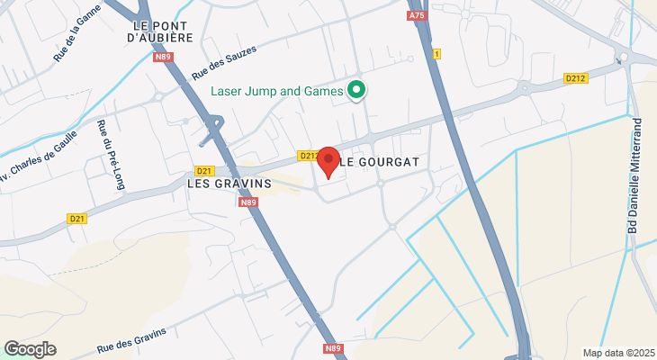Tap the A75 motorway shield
(x=416, y=16)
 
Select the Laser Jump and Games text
(x=277, y=91)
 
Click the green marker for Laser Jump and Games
(x=356, y=90)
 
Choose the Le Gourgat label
(x=379, y=162)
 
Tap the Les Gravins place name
(x=229, y=183)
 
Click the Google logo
(x=30, y=349)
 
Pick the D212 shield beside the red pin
(x=308, y=156)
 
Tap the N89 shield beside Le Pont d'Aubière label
(x=163, y=57)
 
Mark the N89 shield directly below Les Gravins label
(x=249, y=202)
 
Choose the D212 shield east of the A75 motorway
(x=576, y=79)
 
